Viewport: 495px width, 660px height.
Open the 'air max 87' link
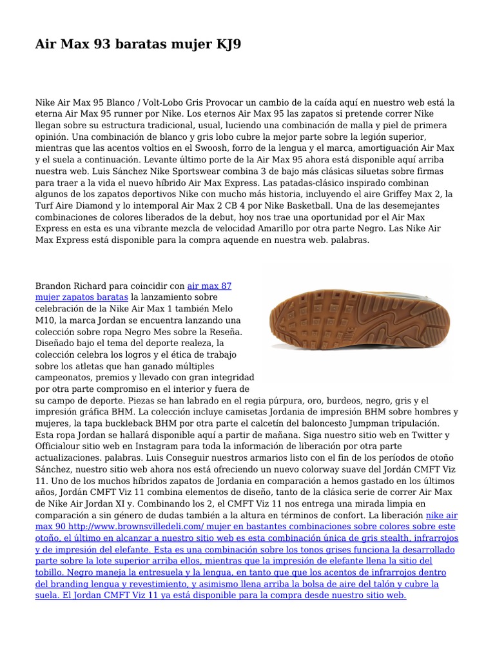click(x=209, y=286)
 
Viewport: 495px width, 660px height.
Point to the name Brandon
click(x=55, y=286)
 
